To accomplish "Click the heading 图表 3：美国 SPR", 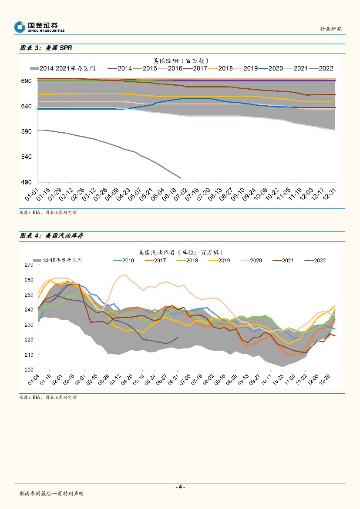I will tap(46, 48).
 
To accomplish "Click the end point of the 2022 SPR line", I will tap(181, 178).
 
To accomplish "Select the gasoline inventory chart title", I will tap(181, 252).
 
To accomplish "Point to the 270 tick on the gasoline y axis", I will tap(29, 265).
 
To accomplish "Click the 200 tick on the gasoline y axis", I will tap(29, 370).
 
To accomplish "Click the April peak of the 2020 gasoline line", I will tap(125, 275).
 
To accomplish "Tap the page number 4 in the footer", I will tap(180, 487).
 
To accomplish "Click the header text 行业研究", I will tap(331, 29).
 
